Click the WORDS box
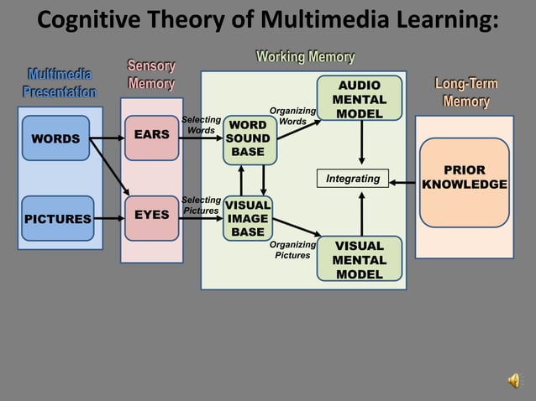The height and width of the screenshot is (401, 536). tap(55, 138)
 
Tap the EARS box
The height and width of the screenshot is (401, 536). tap(152, 134)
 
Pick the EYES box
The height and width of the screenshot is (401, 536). tap(152, 216)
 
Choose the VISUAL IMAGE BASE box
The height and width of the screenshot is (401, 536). tap(248, 218)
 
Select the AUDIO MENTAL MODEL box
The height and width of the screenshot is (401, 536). tap(359, 99)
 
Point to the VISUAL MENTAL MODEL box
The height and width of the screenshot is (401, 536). tap(359, 260)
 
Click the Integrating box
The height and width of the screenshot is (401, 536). tap(353, 179)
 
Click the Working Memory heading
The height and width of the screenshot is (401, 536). tap(305, 57)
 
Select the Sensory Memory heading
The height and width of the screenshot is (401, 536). tap(151, 75)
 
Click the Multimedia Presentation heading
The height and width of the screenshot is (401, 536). tap(59, 83)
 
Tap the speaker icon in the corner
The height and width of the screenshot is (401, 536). tap(513, 381)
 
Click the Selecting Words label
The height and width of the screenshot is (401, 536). tap(201, 126)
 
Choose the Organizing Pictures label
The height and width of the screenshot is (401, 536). tap(292, 250)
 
